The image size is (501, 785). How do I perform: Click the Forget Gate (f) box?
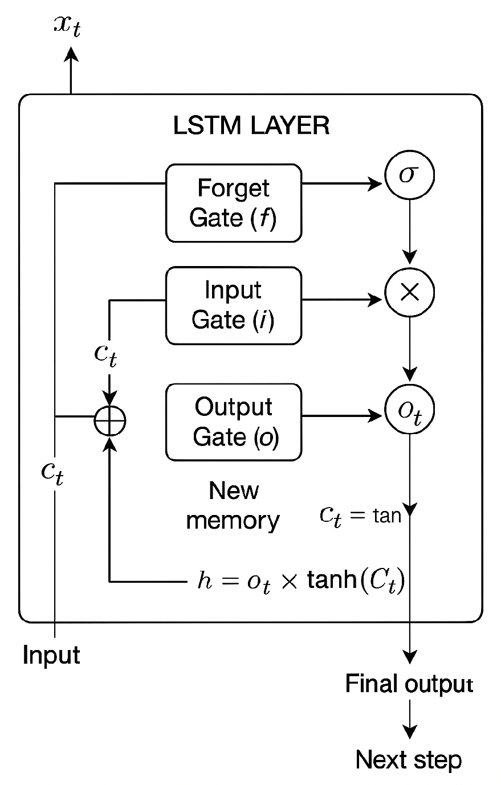coord(233,203)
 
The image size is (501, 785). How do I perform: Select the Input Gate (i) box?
coord(233,305)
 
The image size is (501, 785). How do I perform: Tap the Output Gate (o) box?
coord(233,422)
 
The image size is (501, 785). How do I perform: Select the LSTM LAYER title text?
coord(251,125)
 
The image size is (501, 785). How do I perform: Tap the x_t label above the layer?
coord(68,26)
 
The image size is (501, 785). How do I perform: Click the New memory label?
coord(233,505)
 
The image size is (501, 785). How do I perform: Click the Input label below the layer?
coord(51,655)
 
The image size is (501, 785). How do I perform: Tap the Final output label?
coord(409,684)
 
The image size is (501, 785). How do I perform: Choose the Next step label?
coord(409,759)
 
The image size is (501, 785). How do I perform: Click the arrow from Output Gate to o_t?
coord(342,416)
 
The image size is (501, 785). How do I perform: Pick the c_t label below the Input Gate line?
coord(108,354)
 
